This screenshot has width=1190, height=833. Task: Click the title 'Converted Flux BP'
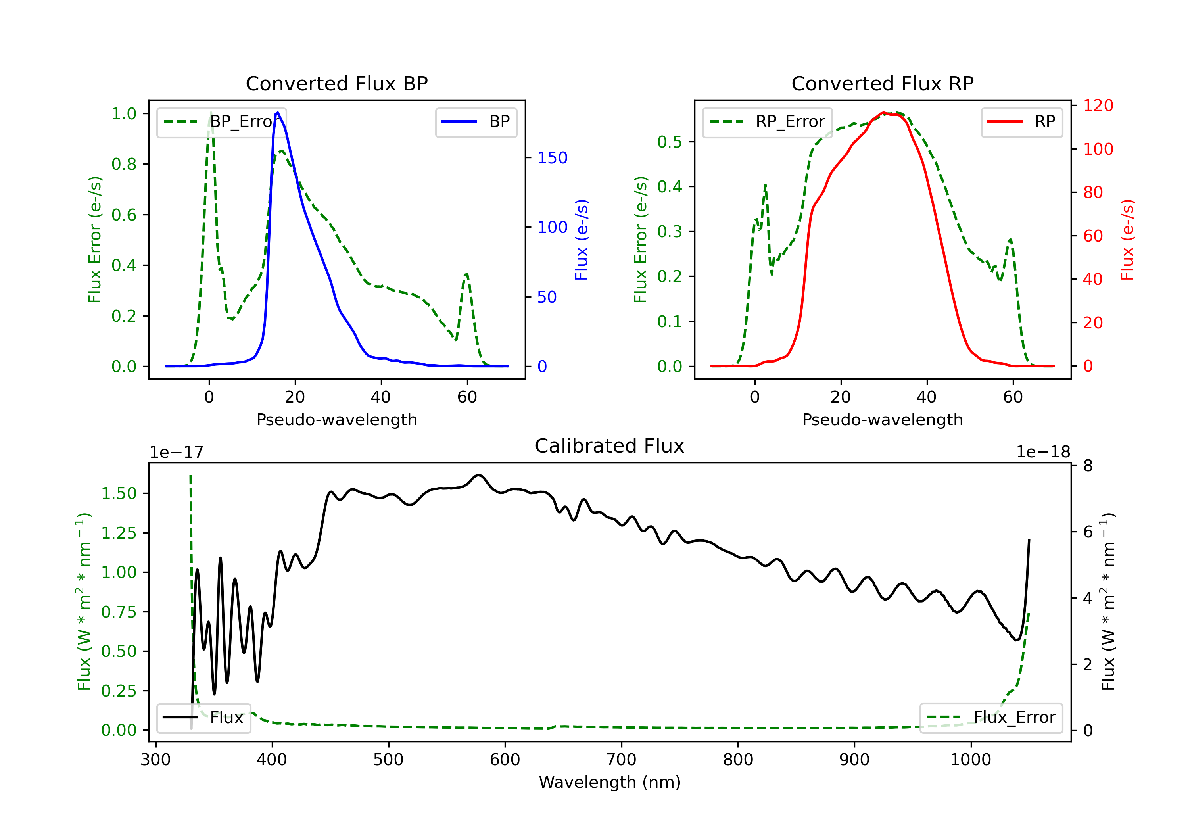point(336,83)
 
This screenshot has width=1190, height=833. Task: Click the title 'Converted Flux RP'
point(882,83)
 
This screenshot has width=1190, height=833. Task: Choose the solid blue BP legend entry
point(476,122)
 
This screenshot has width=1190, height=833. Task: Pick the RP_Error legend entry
point(767,122)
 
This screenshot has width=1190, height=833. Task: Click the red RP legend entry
point(1021,122)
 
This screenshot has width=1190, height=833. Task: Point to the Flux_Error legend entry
point(991,718)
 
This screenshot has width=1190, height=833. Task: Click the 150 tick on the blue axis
point(552,157)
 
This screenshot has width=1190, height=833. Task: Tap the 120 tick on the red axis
point(1098,105)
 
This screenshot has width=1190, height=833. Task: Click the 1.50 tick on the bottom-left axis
point(119,493)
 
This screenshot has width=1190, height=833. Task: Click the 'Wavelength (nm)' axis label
point(610,782)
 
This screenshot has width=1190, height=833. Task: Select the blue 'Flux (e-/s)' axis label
point(582,240)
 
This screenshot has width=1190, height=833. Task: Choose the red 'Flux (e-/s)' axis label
point(1127,240)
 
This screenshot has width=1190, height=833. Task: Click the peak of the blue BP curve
point(278,113)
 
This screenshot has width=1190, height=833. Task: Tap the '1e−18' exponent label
point(1043,452)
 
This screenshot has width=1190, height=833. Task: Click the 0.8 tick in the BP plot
point(124,164)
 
